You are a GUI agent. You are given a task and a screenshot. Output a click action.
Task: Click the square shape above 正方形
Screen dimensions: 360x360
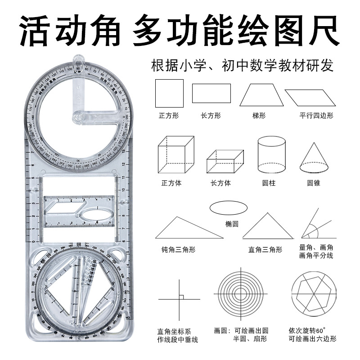pos(169,93)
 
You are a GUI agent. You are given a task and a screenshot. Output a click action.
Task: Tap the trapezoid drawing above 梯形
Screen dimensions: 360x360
pos(259,94)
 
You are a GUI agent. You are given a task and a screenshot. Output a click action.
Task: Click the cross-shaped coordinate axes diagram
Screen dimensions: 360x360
pos(179,298)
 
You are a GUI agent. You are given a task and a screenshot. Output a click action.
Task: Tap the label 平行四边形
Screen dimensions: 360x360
pos(317,116)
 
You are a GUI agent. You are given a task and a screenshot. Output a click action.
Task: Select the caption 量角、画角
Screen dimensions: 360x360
pos(316,247)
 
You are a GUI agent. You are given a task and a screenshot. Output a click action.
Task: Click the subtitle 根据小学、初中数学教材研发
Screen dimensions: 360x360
pos(243,66)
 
